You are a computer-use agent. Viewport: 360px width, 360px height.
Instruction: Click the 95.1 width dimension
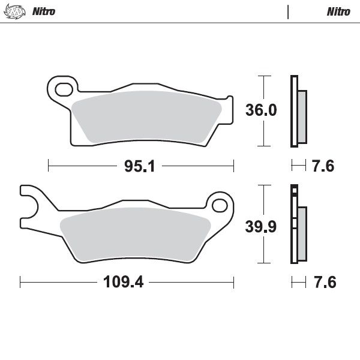(139, 166)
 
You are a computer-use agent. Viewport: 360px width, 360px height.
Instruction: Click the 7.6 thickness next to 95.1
(323, 166)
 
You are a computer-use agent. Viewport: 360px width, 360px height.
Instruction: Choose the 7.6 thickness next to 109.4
(323, 281)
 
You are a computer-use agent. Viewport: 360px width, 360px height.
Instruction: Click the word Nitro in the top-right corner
(338, 11)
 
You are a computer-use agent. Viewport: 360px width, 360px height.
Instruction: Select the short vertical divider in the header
(289, 11)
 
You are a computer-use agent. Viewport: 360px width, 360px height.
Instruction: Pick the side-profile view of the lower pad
(298, 225)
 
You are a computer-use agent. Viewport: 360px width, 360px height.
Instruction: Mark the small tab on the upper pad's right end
(227, 100)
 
